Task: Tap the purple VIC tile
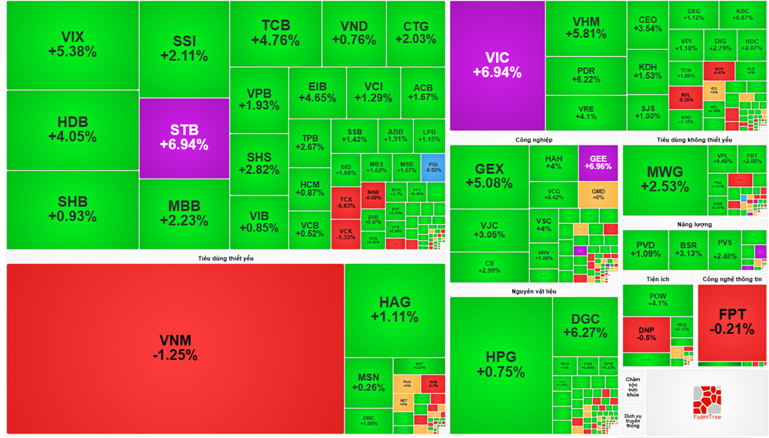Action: coord(497,65)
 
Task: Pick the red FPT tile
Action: coord(731,322)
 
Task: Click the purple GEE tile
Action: coord(598,162)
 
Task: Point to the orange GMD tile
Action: coord(598,194)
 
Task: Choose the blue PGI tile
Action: coord(433,167)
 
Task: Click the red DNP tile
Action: coord(646,333)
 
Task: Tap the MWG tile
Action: coord(664,179)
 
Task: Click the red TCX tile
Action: coord(346,202)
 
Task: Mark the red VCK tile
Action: coord(346,234)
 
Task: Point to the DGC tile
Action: coord(590,326)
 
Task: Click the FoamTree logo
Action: coord(707,404)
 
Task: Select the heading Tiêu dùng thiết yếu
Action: coord(225,259)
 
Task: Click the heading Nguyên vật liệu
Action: coord(534,292)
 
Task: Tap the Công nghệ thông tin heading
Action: coord(732,279)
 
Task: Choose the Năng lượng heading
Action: coord(694,225)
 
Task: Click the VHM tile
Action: coord(586,28)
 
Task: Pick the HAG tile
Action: coord(394,309)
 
